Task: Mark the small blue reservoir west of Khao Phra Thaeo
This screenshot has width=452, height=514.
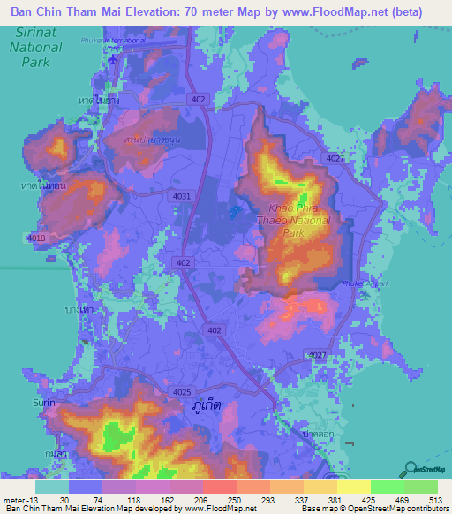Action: point(233,212)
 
